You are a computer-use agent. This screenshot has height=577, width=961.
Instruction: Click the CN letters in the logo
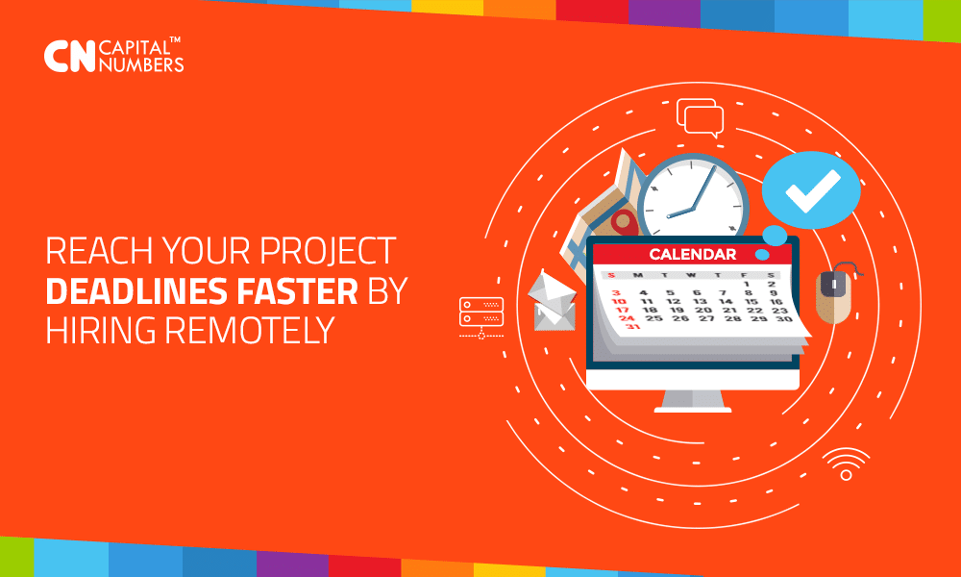70,57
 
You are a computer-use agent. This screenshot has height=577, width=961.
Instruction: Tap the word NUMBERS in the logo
141,64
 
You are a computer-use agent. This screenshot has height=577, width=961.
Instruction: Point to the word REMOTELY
250,330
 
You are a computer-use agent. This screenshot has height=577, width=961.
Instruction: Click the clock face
693,197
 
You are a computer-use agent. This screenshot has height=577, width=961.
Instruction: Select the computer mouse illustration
836,293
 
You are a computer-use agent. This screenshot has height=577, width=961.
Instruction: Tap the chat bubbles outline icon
700,117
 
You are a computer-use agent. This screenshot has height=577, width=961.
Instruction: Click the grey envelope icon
553,300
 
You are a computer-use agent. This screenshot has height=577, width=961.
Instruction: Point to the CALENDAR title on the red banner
693,254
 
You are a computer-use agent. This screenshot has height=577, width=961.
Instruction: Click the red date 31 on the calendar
633,326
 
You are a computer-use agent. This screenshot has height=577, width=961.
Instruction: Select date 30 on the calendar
784,319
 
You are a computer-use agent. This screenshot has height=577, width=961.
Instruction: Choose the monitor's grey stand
693,401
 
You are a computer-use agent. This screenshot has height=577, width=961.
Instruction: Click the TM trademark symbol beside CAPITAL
175,39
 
